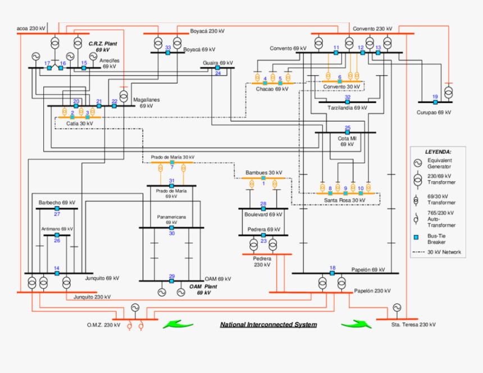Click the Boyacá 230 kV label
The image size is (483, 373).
point(207,31)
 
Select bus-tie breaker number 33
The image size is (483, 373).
point(168,53)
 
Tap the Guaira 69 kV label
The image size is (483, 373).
point(218,63)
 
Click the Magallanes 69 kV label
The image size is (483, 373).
point(146,103)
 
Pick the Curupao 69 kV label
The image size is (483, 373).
point(434,112)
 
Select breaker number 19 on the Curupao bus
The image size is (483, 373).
point(435,102)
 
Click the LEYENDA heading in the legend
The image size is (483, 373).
point(438,151)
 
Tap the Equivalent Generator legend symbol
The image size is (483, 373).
point(418,163)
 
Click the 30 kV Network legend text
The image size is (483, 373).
point(444,252)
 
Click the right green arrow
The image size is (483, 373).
point(356,324)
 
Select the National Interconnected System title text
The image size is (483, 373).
point(268,325)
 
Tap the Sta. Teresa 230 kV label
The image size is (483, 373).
point(413,325)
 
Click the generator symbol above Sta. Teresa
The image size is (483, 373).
point(397,307)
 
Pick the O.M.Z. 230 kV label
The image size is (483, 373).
point(104,325)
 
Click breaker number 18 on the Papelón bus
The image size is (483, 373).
point(332,273)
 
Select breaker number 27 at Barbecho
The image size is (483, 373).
point(57,209)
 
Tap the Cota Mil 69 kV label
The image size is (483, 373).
point(347,141)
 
